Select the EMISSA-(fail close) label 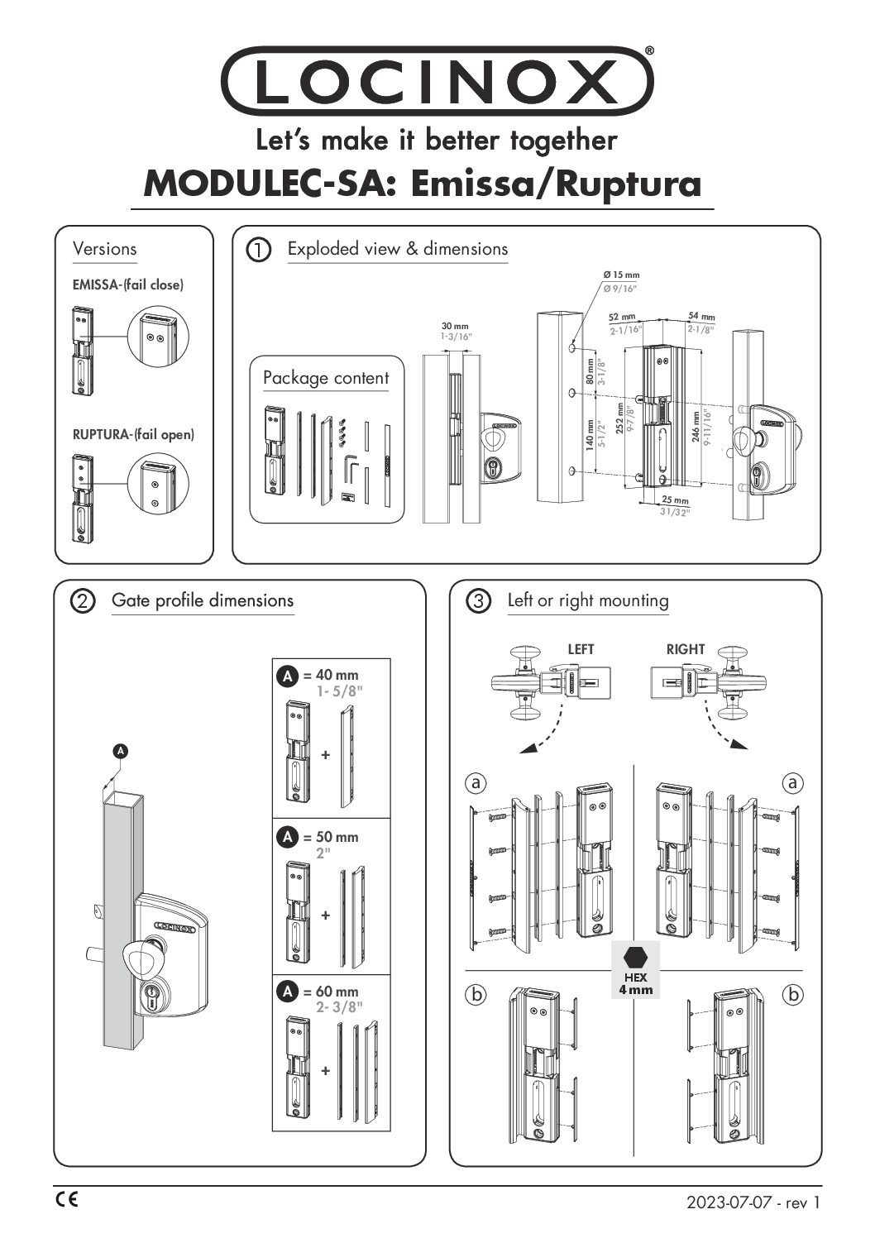point(128,285)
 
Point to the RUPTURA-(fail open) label point(133,434)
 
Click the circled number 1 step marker point(259,249)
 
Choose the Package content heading point(325,378)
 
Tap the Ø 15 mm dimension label point(622,275)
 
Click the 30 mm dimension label point(454,327)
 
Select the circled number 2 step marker point(83,601)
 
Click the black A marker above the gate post point(121,751)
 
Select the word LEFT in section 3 point(581,649)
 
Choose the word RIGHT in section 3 point(686,649)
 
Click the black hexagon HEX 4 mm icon point(635,958)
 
